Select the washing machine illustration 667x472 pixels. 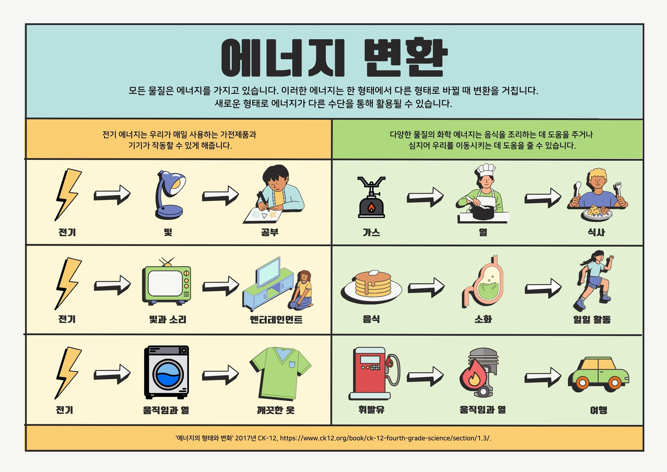pyautogui.click(x=166, y=372)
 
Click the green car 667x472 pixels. pyautogui.click(x=599, y=374)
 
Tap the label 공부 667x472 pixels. pyautogui.click(x=270, y=232)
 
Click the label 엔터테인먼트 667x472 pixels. pyautogui.click(x=276, y=319)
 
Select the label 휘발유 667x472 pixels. pyautogui.click(x=371, y=409)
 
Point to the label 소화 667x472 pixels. pyautogui.click(x=483, y=319)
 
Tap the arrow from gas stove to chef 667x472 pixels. pyautogui.click(x=425, y=197)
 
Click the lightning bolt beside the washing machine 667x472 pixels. pyautogui.click(x=68, y=373)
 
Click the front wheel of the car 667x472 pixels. pyautogui.click(x=614, y=383)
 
